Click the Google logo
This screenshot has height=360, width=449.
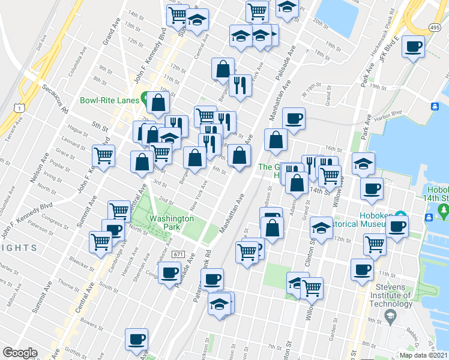click(20, 353)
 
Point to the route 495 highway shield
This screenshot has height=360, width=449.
click(435, 27)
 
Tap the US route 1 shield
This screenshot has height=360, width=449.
click(21, 107)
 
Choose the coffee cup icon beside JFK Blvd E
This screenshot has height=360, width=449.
click(413, 46)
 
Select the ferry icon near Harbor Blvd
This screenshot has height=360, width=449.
click(434, 106)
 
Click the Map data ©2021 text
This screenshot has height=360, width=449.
click(424, 355)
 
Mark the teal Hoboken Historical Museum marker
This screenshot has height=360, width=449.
click(400, 217)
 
